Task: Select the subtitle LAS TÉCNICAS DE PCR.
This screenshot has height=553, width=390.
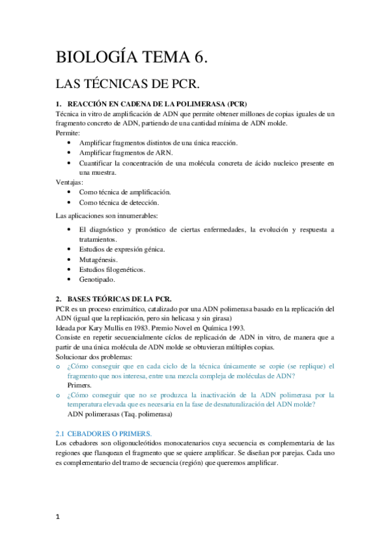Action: tap(126, 84)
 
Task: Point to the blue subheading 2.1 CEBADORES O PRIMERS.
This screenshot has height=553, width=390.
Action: tap(104, 433)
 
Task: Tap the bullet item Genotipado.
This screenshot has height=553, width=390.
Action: tap(97, 279)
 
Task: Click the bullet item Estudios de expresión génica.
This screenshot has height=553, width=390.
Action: tap(122, 249)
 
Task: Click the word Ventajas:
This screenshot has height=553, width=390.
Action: tap(70, 183)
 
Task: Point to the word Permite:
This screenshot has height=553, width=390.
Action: tap(68, 132)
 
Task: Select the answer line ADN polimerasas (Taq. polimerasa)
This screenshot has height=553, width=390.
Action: tap(120, 413)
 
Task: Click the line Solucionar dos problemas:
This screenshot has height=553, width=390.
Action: tap(94, 357)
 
